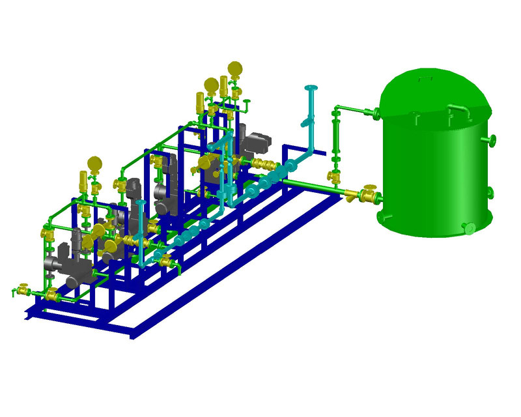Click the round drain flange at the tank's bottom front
[468, 227]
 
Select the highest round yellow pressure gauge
[234, 68]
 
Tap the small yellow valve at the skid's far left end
[22, 289]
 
